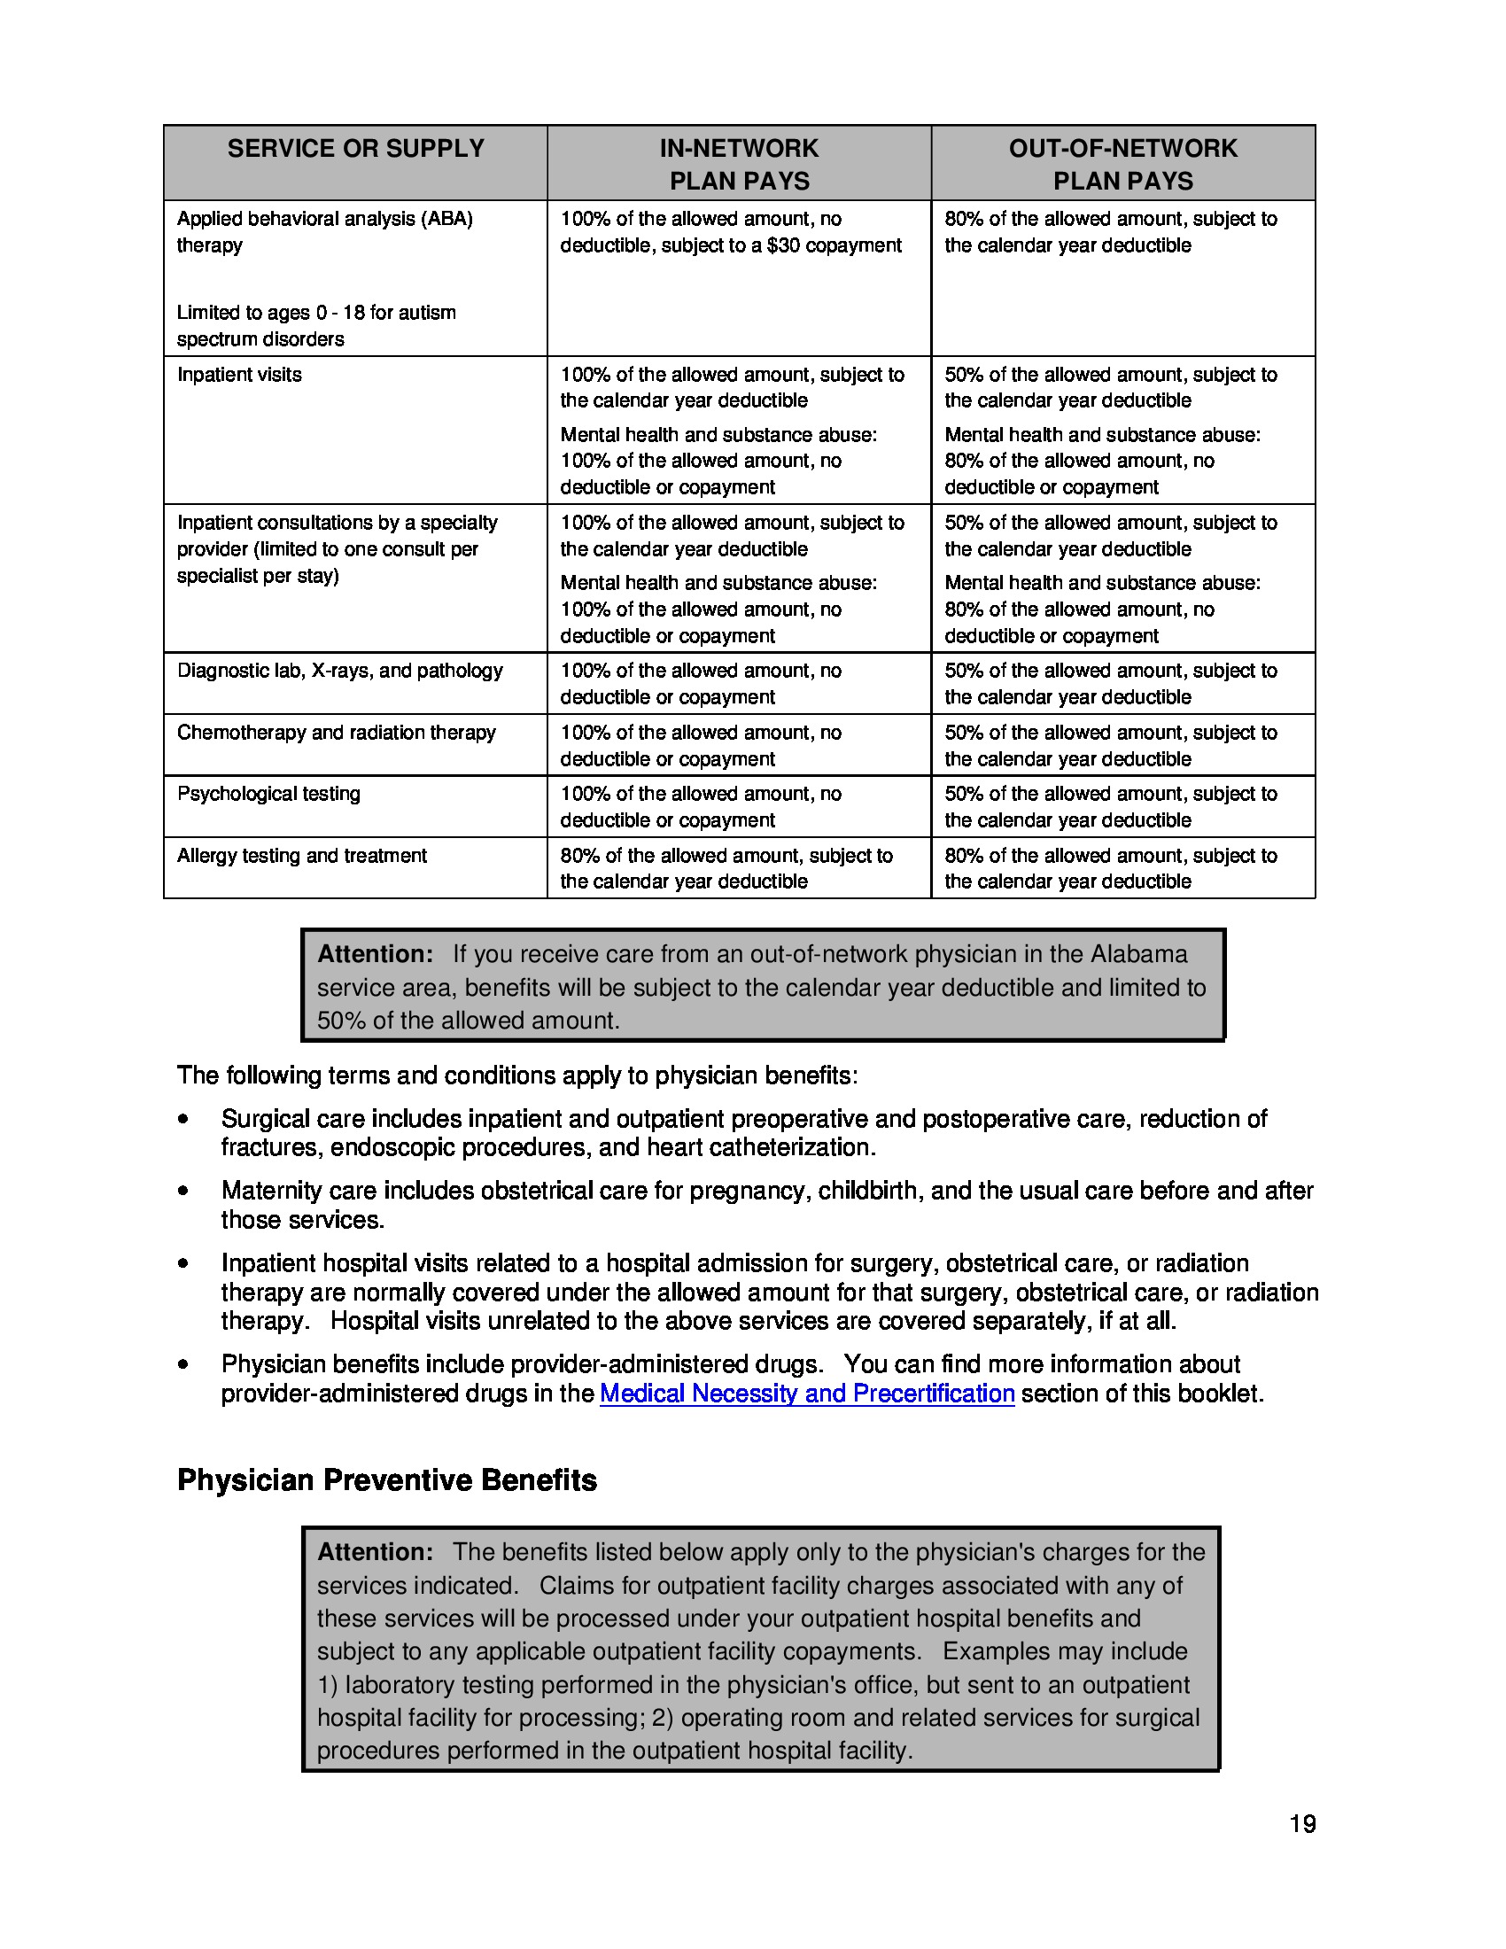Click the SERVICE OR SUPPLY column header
point(355,148)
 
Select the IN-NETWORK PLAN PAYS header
point(739,164)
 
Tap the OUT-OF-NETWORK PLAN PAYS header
point(1122,164)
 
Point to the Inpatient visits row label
point(239,375)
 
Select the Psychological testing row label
point(268,794)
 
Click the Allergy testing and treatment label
point(301,855)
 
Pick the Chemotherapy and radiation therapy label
point(337,732)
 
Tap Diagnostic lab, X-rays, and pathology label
point(340,671)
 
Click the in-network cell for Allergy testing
point(726,868)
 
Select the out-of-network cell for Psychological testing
point(1111,807)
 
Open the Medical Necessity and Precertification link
point(806,1393)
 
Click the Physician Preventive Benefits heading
point(386,1480)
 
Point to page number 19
point(1301,1824)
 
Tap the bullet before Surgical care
point(183,1119)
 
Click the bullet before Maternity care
point(183,1191)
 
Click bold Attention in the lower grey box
point(375,1552)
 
